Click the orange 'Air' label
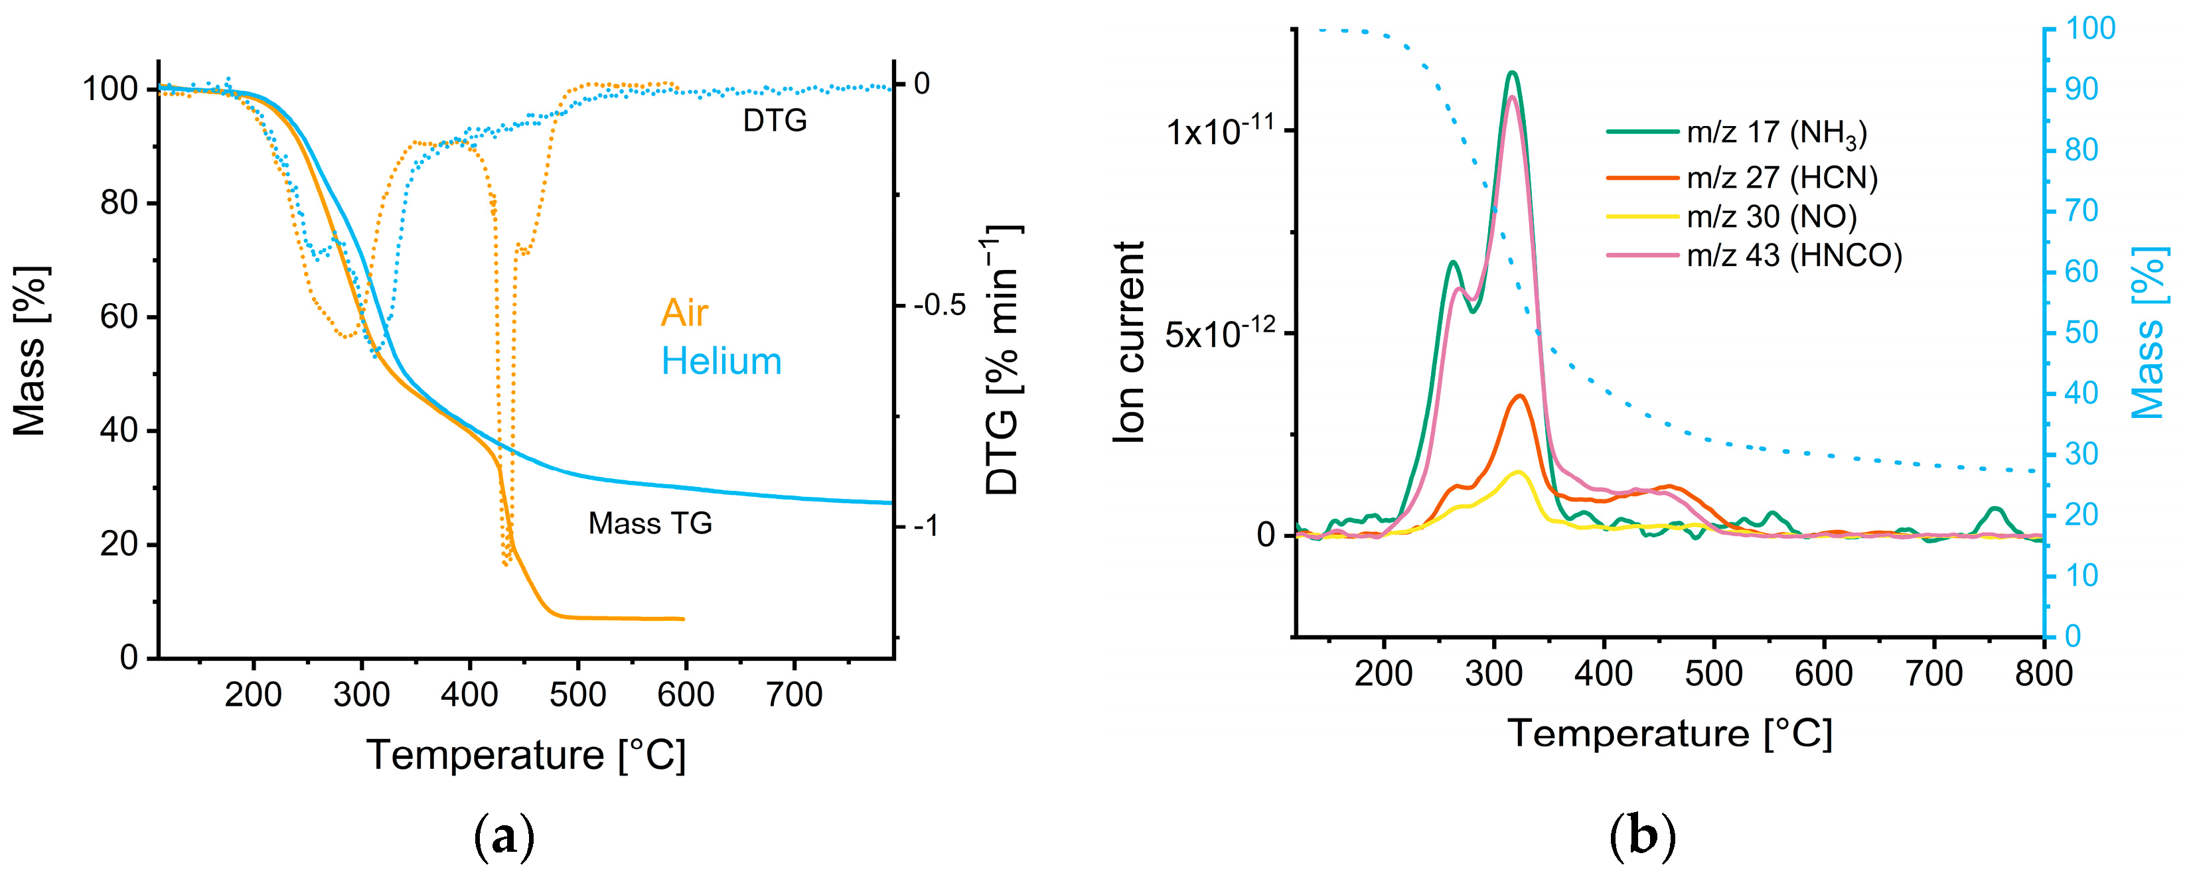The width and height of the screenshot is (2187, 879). point(684,313)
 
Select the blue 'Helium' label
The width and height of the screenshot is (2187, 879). point(721,362)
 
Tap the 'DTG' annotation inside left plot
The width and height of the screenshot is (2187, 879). point(775,121)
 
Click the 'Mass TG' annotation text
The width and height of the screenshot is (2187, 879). point(650,523)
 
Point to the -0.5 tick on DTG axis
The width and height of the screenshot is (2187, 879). point(939,305)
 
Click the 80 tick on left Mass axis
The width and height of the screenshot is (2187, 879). point(118,203)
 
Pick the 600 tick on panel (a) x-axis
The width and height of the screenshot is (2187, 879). point(685,695)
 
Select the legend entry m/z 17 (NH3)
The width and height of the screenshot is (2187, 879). point(1776,133)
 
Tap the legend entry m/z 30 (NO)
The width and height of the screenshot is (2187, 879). point(1771,217)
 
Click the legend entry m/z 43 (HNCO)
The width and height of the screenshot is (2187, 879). point(1793,255)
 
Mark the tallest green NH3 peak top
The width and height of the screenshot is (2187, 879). point(1512,73)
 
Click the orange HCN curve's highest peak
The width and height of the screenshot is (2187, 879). point(1519,395)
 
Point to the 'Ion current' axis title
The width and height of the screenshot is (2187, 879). point(1129,342)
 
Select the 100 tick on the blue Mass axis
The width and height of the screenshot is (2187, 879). point(2090,29)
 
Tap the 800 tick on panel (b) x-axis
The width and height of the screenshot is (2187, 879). point(2044,673)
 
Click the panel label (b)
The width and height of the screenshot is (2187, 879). point(1642,837)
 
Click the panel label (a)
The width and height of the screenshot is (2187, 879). point(504,837)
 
